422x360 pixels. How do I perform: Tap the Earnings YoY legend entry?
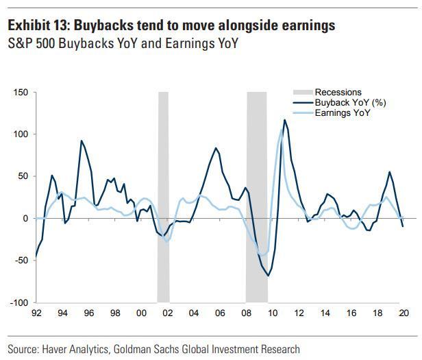(342, 113)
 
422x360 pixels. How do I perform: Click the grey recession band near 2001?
(163, 199)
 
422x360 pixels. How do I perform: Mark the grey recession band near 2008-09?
(257, 199)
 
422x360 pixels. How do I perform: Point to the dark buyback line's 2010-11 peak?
(284, 121)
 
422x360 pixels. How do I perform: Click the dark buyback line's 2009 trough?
(269, 276)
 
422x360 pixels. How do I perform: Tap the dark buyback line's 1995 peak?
(82, 141)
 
